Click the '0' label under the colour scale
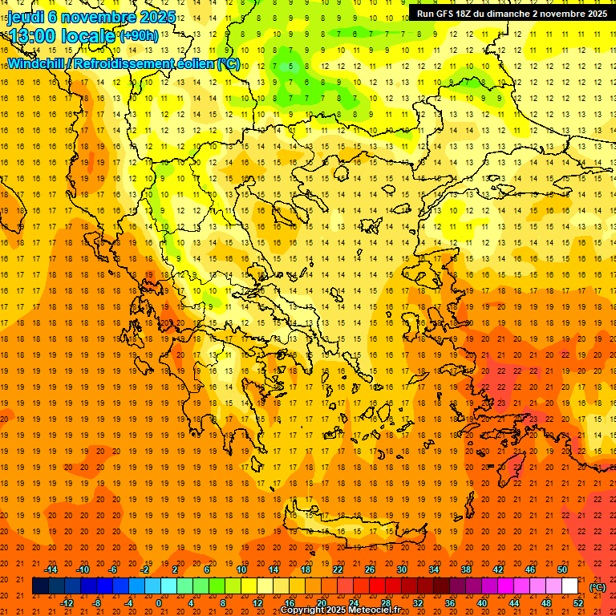pos(159,602)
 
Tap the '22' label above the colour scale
pos(338,569)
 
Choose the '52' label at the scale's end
pos(578,602)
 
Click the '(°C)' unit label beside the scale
pos(597,587)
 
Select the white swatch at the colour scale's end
pos(569,586)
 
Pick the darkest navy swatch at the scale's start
pos(40,586)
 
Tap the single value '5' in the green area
pos(294,66)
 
